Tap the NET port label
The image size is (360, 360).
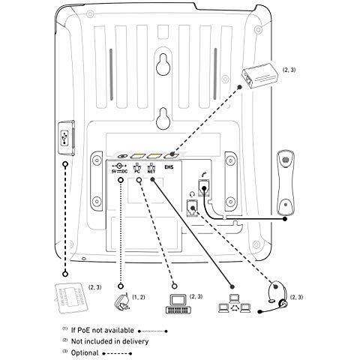pos(151,170)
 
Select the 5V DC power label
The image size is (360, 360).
pos(120,170)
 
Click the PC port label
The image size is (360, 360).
pos(138,170)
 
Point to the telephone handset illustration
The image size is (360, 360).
pos(286,181)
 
